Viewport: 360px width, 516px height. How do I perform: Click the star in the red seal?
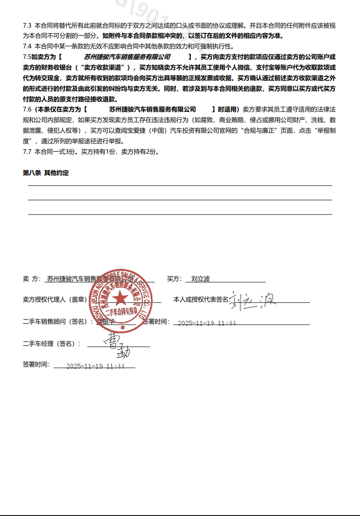pyautogui.click(x=121, y=299)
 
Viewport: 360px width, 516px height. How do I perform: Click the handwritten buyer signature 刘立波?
pyautogui.click(x=253, y=301)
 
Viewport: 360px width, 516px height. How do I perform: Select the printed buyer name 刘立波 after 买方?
pyautogui.click(x=200, y=279)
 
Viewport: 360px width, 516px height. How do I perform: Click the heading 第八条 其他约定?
pyautogui.click(x=46, y=173)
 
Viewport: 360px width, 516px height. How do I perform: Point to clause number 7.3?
pyautogui.click(x=27, y=25)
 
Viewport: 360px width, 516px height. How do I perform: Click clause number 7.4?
pyautogui.click(x=27, y=46)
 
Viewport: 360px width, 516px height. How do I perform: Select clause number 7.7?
pyautogui.click(x=27, y=151)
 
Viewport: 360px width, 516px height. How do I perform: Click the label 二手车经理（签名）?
pyautogui.click(x=52, y=344)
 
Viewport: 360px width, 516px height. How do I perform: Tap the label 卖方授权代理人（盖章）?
pyautogui.click(x=55, y=300)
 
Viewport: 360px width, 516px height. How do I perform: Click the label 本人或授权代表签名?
pyautogui.click(x=201, y=300)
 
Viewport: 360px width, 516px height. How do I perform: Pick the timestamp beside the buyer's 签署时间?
pyautogui.click(x=206, y=323)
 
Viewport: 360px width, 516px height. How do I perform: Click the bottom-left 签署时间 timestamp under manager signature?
pyautogui.click(x=95, y=366)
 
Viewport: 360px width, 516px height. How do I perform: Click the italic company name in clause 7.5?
pyautogui.click(x=127, y=57)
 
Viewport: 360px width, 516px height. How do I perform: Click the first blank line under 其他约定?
pyautogui.click(x=180, y=185)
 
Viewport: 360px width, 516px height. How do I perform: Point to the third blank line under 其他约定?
pyautogui.click(x=180, y=214)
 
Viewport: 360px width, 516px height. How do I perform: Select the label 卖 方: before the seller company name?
pyautogui.click(x=32, y=279)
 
